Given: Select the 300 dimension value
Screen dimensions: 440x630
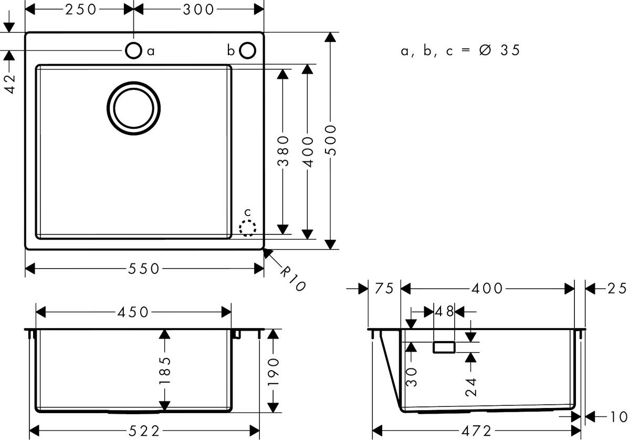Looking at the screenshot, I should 199,9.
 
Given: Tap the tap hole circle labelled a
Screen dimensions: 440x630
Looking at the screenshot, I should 133,50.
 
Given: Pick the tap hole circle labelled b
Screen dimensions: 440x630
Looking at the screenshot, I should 247,50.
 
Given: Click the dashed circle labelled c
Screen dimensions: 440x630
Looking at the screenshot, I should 247,229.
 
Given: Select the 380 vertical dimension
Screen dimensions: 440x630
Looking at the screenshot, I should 283,151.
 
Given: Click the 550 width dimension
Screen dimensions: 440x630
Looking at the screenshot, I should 143,269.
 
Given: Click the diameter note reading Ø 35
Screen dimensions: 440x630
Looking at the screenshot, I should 499,50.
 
